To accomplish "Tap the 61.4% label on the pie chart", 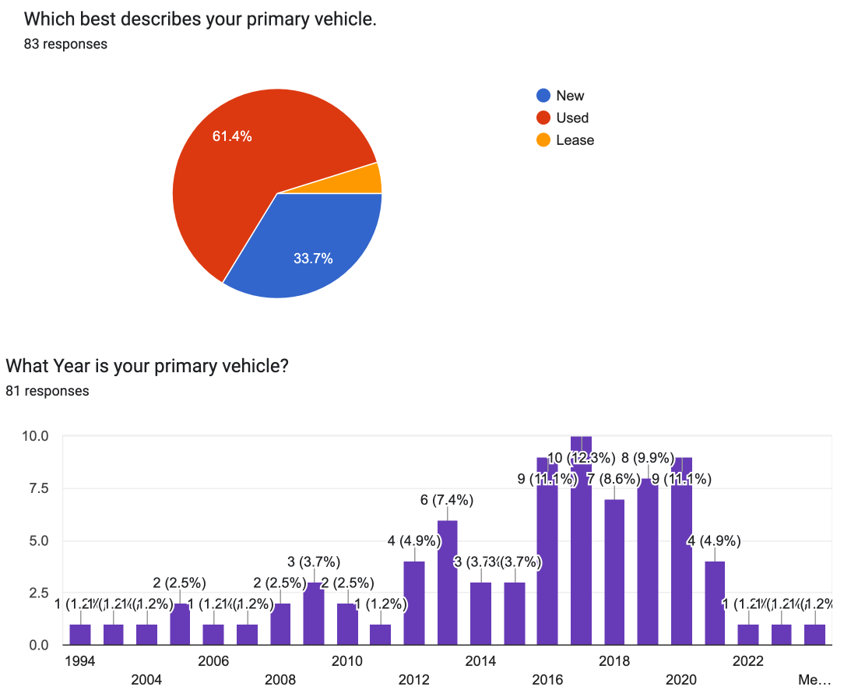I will pyautogui.click(x=232, y=136).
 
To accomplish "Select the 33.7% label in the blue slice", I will pyautogui.click(x=313, y=259).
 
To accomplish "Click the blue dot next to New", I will pyautogui.click(x=543, y=96).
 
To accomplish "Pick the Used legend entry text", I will pyautogui.click(x=572, y=118).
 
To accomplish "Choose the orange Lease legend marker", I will pyautogui.click(x=543, y=140).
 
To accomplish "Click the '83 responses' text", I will pyautogui.click(x=65, y=44).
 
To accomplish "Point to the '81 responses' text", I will pyautogui.click(x=47, y=390).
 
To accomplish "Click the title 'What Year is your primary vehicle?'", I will pyautogui.click(x=146, y=365).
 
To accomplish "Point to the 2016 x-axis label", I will pyautogui.click(x=547, y=680).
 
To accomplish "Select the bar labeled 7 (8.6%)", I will pyautogui.click(x=614, y=572).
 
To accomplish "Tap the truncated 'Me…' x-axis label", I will pyautogui.click(x=814, y=680).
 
